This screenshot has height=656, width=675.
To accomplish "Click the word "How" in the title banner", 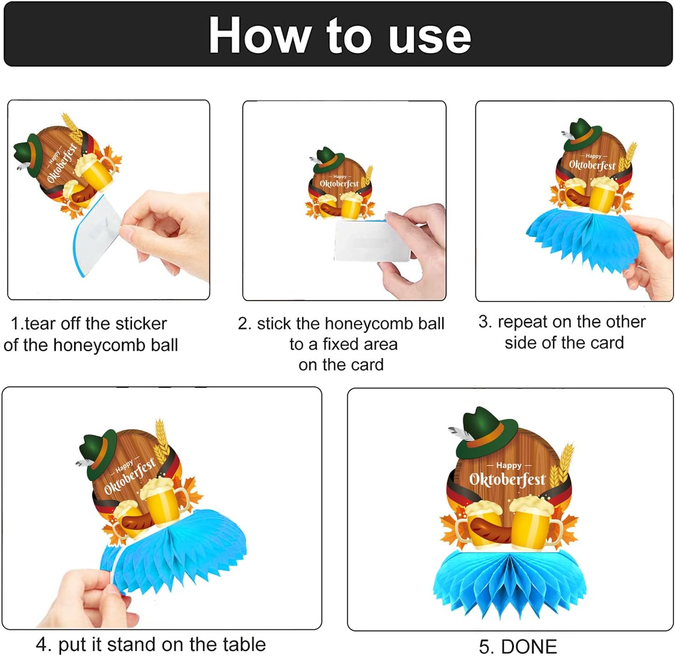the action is [x=259, y=35].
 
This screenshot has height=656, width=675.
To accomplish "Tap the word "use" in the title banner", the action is [x=430, y=39].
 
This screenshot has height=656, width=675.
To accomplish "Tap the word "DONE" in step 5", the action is [x=529, y=646].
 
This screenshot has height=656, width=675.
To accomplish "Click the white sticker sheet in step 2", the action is [x=371, y=241].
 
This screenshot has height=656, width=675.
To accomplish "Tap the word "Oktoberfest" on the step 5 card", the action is [x=507, y=480].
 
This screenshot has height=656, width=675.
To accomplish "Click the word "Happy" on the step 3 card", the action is [x=593, y=156].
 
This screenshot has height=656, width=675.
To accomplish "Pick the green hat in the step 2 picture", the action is [x=327, y=160].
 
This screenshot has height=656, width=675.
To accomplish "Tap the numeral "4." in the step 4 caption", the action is [x=44, y=644].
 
